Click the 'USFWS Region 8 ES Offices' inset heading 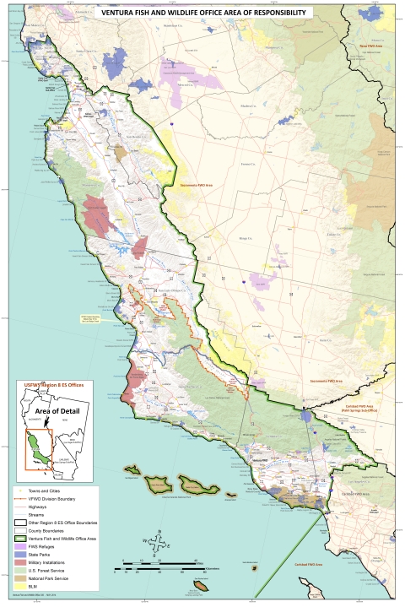click(x=53, y=387)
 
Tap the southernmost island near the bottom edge click(x=201, y=585)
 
